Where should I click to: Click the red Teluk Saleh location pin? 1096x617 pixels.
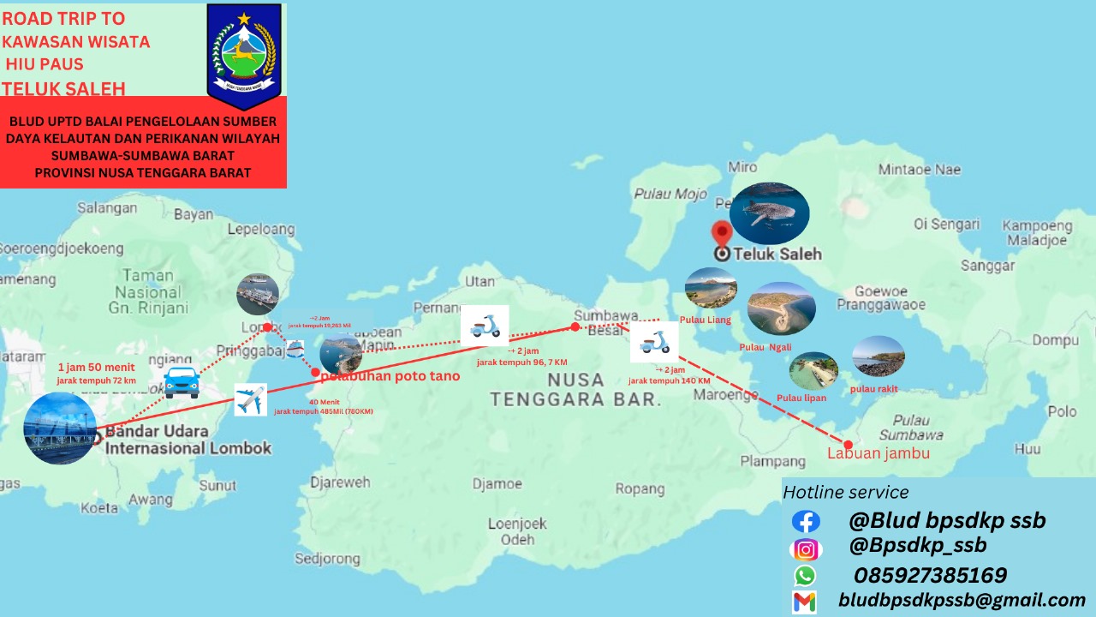tap(723, 233)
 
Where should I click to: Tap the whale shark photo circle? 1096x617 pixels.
tap(769, 213)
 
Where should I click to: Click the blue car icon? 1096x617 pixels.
tap(182, 382)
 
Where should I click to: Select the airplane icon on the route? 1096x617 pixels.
tap(250, 400)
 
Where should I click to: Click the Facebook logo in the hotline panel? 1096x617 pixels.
tap(805, 521)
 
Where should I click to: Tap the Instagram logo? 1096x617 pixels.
tap(805, 549)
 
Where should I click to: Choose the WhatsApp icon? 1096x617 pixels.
tap(805, 576)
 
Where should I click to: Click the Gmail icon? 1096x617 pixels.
tap(805, 602)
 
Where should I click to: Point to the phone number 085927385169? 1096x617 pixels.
tap(929, 575)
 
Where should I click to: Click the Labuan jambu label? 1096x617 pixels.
tap(879, 453)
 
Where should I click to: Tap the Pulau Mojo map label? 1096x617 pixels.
tap(670, 194)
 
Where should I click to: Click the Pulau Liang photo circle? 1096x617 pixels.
tap(711, 288)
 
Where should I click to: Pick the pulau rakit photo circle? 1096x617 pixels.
tap(878, 356)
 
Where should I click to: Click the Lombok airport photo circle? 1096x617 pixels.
tap(59, 428)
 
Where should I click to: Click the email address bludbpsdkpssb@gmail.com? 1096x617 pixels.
tap(962, 601)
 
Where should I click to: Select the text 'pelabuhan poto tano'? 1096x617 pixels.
tap(390, 375)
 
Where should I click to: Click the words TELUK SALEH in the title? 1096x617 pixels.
tap(63, 88)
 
